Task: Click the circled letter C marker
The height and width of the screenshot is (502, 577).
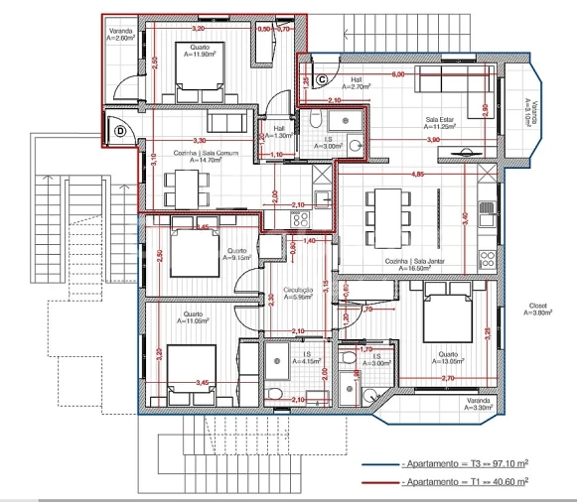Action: pyautogui.click(x=322, y=79)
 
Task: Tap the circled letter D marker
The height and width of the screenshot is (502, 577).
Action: pyautogui.click(x=120, y=129)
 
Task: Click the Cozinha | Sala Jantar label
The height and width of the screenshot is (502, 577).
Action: pyautogui.click(x=414, y=263)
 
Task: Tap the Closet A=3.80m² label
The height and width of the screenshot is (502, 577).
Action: pyautogui.click(x=538, y=310)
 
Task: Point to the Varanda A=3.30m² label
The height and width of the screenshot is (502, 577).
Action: pyautogui.click(x=482, y=404)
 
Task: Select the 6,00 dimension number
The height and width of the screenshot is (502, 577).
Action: pyautogui.click(x=397, y=74)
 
